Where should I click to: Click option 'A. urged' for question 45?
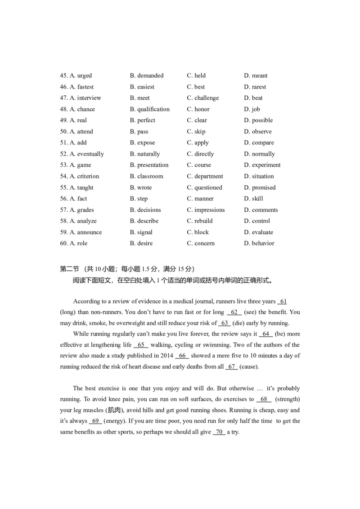click(81, 76)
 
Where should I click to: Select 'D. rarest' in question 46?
click(255, 87)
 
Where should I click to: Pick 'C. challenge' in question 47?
click(203, 98)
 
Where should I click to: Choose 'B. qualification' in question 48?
click(150, 109)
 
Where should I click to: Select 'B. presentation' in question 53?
click(149, 165)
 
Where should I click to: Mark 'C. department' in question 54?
click(205, 176)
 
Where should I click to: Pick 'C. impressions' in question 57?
click(206, 210)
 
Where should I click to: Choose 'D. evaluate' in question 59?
click(259, 232)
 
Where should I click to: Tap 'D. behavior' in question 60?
click(259, 243)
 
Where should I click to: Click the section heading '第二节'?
click(69, 269)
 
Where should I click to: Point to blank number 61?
click(283, 301)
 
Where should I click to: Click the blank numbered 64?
click(266, 334)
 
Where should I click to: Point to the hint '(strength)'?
click(287, 399)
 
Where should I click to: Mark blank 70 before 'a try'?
click(219, 432)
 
